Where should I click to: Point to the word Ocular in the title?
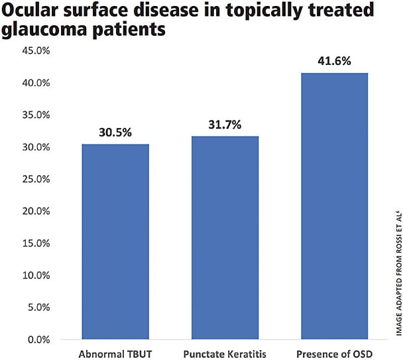pos(32,11)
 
